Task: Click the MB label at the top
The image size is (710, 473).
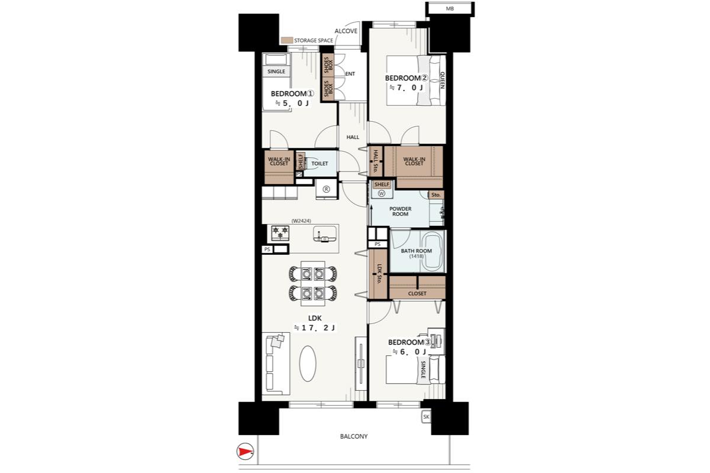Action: click(450, 9)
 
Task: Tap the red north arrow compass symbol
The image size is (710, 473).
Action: click(245, 451)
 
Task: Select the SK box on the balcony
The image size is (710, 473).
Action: click(426, 417)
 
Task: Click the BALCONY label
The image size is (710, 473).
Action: click(354, 436)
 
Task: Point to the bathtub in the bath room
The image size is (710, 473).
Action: click(433, 251)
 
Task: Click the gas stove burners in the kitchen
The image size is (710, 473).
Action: click(280, 232)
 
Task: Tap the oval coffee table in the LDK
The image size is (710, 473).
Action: click(308, 364)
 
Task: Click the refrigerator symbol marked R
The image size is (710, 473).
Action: click(326, 189)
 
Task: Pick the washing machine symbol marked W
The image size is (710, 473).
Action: click(381, 193)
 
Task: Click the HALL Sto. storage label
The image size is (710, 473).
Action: click(376, 161)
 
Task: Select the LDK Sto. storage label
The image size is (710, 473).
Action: click(379, 274)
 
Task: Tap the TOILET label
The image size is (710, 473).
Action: click(319, 163)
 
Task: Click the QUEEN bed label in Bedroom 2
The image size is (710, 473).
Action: click(442, 80)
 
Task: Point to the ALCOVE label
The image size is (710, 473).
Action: click(346, 31)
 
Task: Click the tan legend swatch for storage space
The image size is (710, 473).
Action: click(287, 40)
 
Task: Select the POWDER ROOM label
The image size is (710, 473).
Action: click(401, 211)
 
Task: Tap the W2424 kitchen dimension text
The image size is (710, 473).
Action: click(301, 221)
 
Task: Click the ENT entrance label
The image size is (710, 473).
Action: click(350, 74)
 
